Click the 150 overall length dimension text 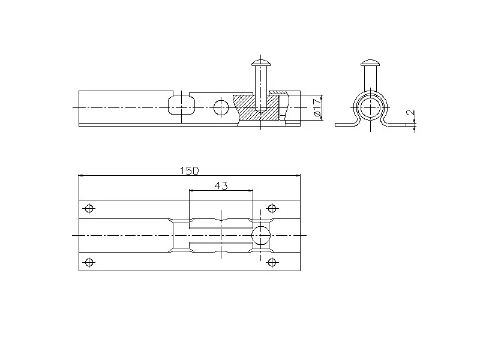(189, 170)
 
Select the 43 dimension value (221, 185)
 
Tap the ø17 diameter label (317, 107)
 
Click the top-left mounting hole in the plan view (89, 208)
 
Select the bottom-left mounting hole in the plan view (89, 262)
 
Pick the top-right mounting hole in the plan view (272, 208)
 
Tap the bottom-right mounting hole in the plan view (272, 262)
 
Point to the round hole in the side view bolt (221, 107)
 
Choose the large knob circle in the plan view (261, 235)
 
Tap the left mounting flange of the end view (345, 124)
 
